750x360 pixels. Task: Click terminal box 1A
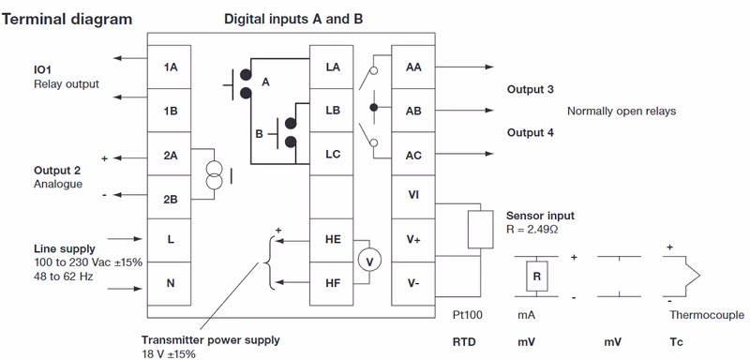170,67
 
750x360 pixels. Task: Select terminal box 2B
170,198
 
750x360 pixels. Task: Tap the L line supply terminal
170,240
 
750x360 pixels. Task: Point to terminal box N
170,282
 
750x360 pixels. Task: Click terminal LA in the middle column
333,67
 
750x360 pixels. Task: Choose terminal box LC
333,154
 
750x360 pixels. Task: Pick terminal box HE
333,240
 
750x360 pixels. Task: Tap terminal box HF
333,282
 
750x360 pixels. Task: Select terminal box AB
413,111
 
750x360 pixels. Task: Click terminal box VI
413,195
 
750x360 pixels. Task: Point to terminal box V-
413,282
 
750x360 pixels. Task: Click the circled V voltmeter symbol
369,261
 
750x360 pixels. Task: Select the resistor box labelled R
535,277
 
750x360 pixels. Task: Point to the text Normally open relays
621,111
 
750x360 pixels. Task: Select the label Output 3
530,89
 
